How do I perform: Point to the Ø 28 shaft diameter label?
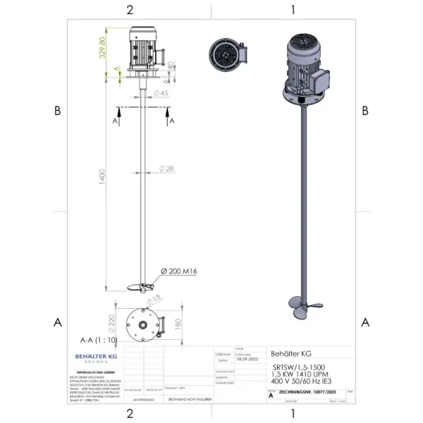(x=166, y=168)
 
